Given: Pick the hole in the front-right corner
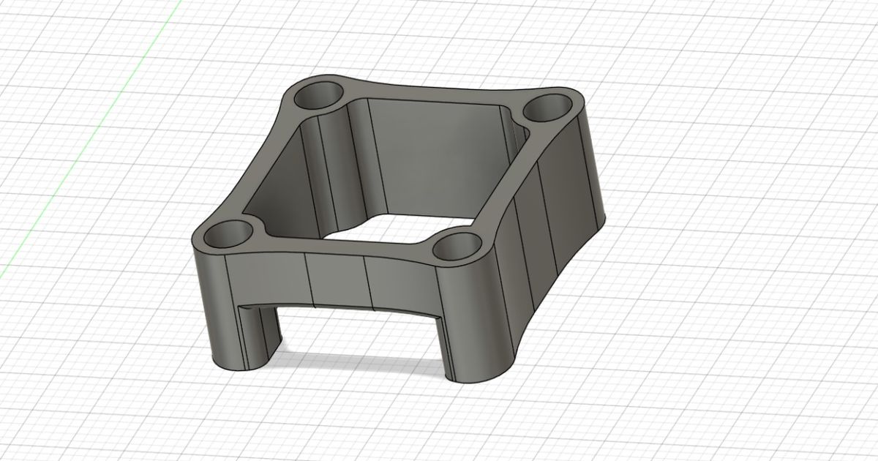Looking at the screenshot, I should coord(455,247).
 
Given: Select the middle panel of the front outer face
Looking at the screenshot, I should coord(335,282).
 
